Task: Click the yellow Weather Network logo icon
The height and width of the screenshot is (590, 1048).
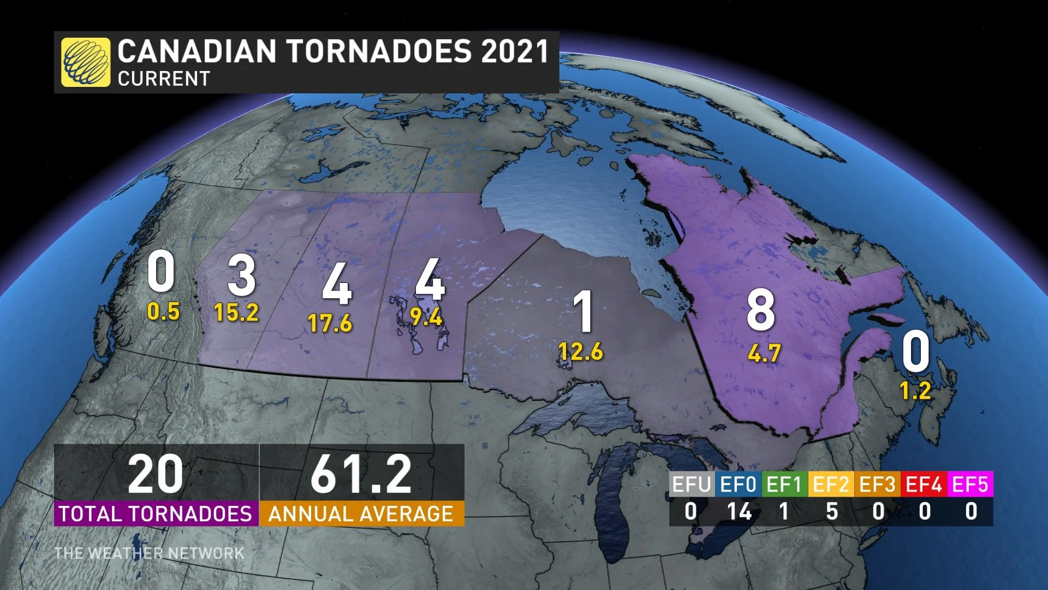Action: coord(86,62)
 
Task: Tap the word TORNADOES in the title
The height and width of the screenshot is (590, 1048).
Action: coord(379,51)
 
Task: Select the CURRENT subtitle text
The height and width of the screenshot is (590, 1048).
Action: coord(164,79)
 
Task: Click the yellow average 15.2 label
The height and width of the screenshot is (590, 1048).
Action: coord(236,312)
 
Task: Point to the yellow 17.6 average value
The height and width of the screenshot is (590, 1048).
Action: coord(330,323)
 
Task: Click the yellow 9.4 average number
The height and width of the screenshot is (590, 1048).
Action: coord(426,317)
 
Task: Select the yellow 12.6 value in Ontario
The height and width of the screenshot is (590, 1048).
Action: coord(581,351)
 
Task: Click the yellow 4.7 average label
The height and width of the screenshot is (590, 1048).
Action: coord(764,353)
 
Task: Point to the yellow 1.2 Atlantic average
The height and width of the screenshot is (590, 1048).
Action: coord(915,391)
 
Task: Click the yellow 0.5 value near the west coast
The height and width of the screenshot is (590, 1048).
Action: coord(163,311)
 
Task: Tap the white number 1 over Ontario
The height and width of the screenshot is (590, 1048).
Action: coord(585,312)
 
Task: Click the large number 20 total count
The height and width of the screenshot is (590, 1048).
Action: coord(156,475)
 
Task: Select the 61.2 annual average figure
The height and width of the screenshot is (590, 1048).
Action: coord(361,475)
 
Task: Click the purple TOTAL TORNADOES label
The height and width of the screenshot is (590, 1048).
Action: coord(156,514)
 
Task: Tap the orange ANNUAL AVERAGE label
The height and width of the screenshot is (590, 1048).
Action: coord(361,514)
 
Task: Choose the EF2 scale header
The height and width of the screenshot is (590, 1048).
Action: coord(831,485)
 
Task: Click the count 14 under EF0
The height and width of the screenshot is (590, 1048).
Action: coord(739,512)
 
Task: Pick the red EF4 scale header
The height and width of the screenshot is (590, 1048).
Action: coord(924,485)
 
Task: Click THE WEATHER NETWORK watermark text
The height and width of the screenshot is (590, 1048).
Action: coord(149,553)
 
